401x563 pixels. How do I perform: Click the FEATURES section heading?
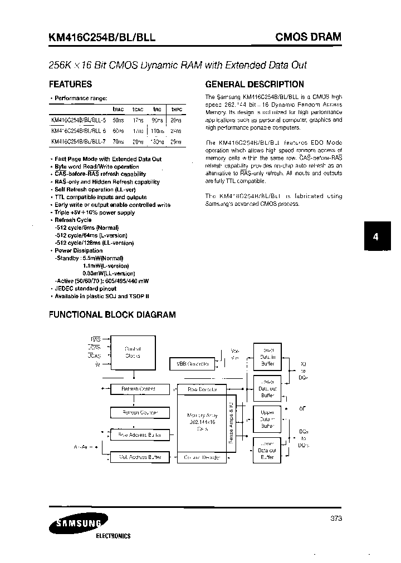pos(71,85)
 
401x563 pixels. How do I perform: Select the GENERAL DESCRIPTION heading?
pos(255,85)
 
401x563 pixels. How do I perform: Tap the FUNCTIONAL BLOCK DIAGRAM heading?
pos(113,314)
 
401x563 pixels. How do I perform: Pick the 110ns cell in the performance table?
pos(158,131)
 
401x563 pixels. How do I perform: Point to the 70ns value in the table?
pos(118,142)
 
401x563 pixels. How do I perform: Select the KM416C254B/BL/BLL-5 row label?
pos(78,120)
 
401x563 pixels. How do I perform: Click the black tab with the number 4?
pos(376,236)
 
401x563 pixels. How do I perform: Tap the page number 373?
pos(335,518)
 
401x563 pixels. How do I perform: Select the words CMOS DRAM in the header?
pos(308,37)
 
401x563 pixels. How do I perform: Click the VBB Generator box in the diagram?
pos(192,363)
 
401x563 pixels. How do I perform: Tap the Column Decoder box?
pos(200,457)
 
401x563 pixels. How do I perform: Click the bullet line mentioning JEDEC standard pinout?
pos(86,289)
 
